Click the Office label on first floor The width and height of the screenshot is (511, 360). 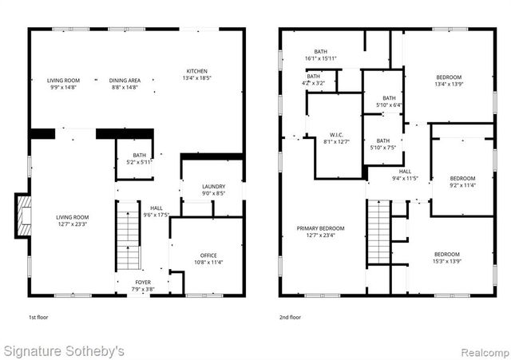click(x=207, y=258)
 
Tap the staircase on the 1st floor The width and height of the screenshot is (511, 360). click(x=128, y=238)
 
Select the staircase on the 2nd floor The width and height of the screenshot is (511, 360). click(x=378, y=233)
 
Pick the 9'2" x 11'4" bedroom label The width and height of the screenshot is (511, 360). click(x=462, y=181)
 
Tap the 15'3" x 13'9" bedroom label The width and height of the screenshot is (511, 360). click(x=447, y=258)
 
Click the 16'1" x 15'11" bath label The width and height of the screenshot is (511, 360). click(x=321, y=55)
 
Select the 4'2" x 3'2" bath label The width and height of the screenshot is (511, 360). click(x=313, y=79)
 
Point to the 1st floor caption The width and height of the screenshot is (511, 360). click(x=38, y=317)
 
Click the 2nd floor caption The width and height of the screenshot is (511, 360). click(x=291, y=317)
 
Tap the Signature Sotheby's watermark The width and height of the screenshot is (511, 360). click(x=64, y=350)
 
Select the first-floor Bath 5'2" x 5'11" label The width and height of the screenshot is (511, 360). click(x=139, y=158)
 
